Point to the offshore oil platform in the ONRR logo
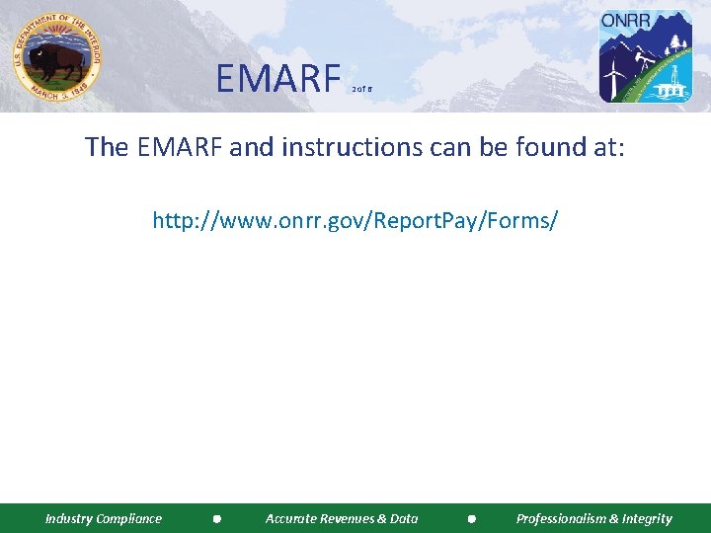[x=671, y=87]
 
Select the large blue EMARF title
[x=277, y=78]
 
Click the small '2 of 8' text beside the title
[x=360, y=89]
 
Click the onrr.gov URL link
[x=355, y=220]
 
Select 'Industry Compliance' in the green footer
[x=104, y=518]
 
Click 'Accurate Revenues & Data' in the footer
[x=342, y=518]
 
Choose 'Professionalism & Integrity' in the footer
[x=593, y=518]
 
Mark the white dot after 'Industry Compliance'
[x=216, y=519]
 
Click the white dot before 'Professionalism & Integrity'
[x=472, y=519]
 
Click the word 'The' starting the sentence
[x=107, y=147]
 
